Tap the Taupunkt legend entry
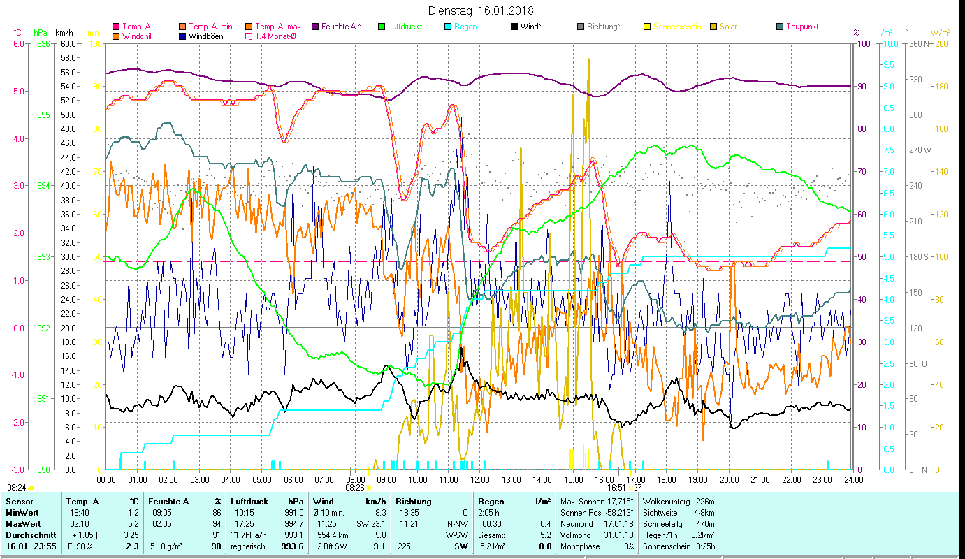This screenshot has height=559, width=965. pos(801,27)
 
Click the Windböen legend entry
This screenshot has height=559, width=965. pos(206,36)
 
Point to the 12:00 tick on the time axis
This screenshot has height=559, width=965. pos(479,480)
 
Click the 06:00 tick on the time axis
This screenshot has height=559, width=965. pos(293,480)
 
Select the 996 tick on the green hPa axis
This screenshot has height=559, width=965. pos(43,43)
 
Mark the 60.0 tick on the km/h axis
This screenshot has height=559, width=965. pos(68,43)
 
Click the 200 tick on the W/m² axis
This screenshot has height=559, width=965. pos(941,43)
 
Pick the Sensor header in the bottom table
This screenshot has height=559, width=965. pos(19,502)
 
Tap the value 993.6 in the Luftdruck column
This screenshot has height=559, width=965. pos(292,546)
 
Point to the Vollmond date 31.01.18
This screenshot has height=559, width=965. pos(619,535)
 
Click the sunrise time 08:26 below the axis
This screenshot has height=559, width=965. pos(355,488)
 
